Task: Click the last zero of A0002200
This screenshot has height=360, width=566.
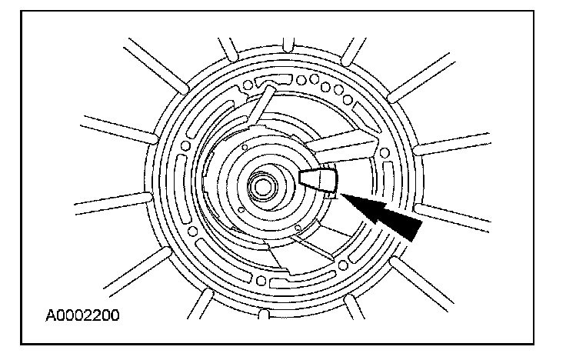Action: (115, 315)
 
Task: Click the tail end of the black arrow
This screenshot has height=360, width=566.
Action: (415, 230)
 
